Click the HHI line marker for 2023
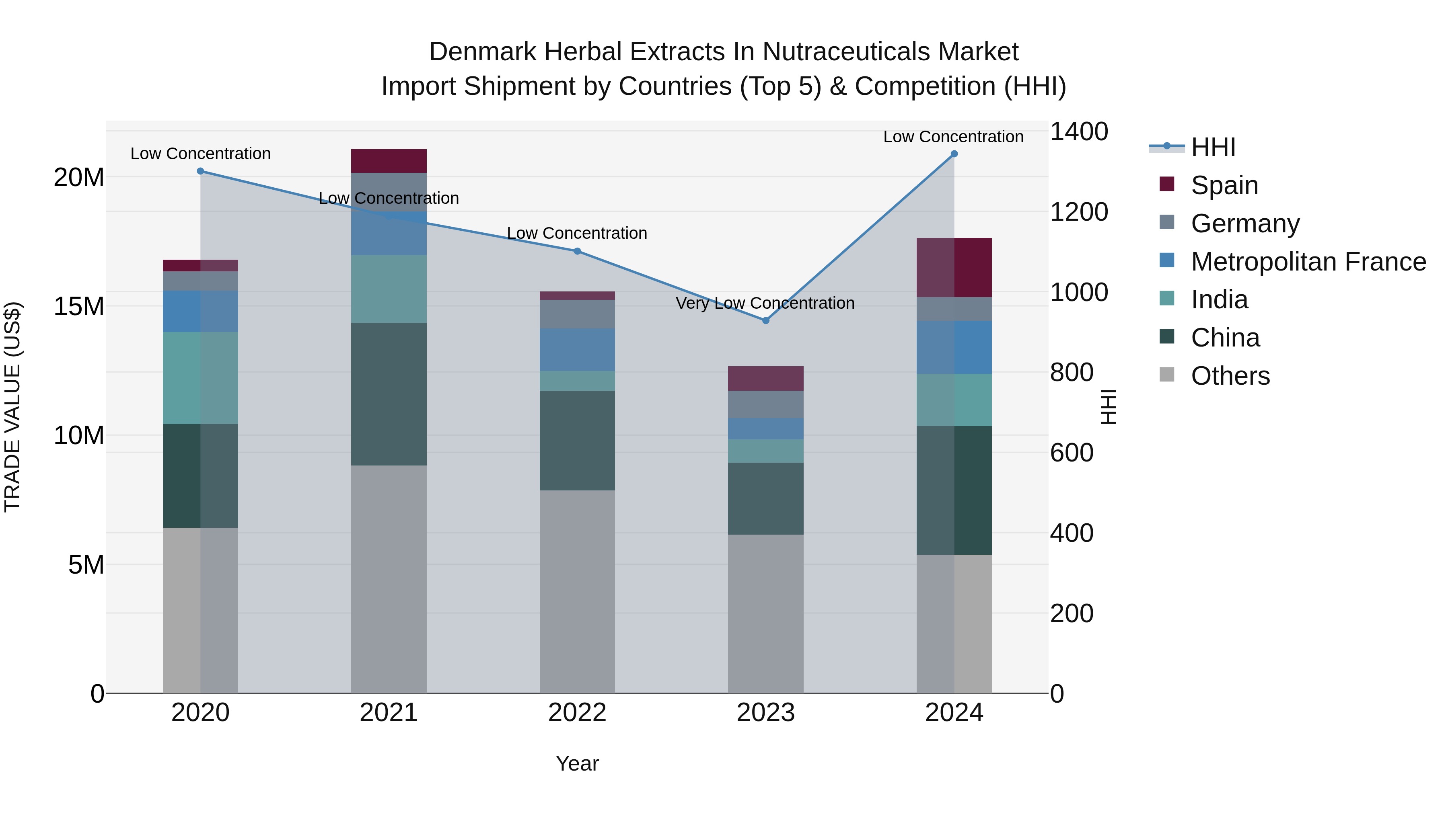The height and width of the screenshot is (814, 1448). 765,320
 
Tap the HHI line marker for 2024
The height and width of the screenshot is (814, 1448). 954,154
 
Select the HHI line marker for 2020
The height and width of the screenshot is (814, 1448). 201,171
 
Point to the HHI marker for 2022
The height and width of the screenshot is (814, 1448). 577,251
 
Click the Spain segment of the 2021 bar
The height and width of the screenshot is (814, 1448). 389,161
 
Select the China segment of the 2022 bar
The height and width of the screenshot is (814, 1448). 577,441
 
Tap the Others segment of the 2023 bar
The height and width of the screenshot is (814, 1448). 765,613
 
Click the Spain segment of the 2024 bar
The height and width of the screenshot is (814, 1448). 954,267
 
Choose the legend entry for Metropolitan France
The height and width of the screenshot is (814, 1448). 1308,262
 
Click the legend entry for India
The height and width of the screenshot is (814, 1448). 1219,299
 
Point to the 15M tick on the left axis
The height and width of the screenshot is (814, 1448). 79,307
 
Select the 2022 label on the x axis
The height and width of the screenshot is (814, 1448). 577,713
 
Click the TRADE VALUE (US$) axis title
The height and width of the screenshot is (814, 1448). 12,407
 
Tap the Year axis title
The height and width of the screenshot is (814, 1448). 577,763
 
